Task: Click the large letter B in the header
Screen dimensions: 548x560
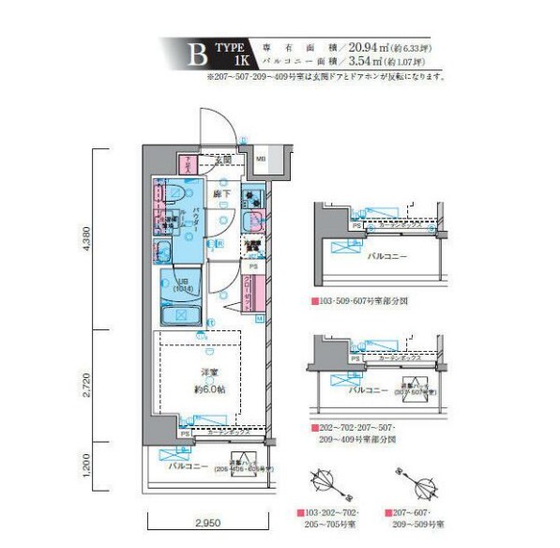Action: pyautogui.click(x=197, y=54)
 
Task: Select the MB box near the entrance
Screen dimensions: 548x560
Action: pyautogui.click(x=263, y=160)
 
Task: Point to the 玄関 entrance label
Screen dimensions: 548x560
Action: pyautogui.click(x=222, y=160)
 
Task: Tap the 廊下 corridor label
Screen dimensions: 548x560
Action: pyautogui.click(x=222, y=194)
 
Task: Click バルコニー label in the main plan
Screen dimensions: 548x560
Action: pyautogui.click(x=188, y=464)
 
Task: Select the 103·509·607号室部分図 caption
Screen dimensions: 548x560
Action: pyautogui.click(x=362, y=302)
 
